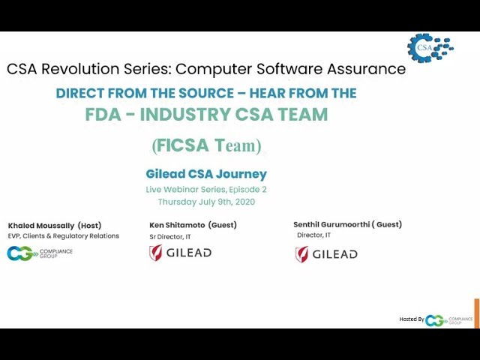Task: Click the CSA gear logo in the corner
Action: tap(430, 48)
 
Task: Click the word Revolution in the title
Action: tap(80, 68)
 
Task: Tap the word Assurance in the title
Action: tap(366, 68)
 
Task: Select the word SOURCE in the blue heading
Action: tap(206, 93)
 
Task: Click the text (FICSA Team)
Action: tap(207, 145)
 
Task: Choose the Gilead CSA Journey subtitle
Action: tap(206, 174)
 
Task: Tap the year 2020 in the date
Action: tap(245, 202)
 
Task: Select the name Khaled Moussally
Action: tap(41, 226)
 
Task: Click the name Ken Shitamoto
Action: tap(177, 225)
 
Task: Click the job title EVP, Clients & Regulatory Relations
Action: tap(63, 236)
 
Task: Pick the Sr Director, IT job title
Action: tap(170, 237)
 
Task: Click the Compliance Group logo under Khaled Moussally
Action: tap(40, 253)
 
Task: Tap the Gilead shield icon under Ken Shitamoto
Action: tap(156, 253)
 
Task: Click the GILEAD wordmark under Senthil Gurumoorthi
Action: tap(334, 254)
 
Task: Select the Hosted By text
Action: tap(412, 319)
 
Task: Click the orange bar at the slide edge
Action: tap(477, 313)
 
